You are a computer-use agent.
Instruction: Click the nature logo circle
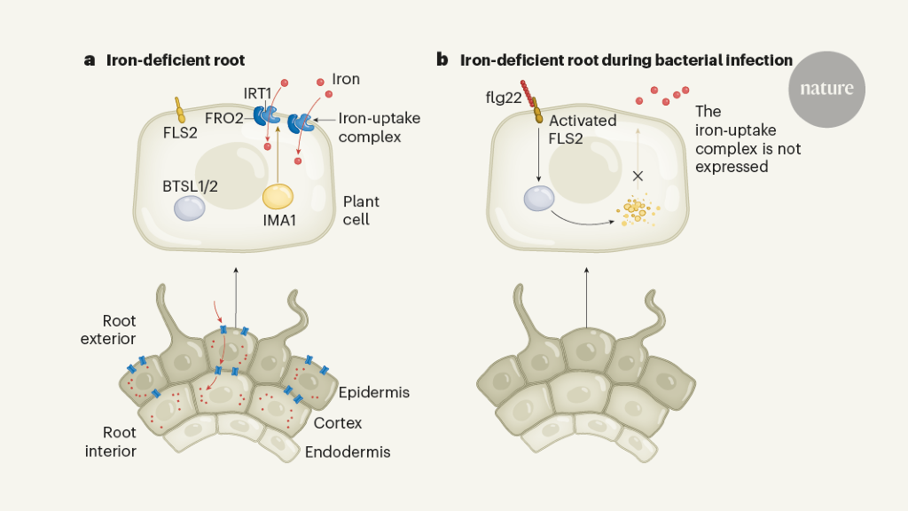tap(826, 89)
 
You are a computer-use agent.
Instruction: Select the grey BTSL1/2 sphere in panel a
tap(190, 208)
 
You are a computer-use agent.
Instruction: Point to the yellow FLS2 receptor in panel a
tap(179, 109)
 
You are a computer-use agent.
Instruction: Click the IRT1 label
tap(259, 92)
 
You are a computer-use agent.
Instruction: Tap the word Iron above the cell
tap(345, 79)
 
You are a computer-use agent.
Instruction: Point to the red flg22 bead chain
tap(530, 94)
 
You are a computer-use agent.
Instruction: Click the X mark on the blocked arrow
tap(636, 175)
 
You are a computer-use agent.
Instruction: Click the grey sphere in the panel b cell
tap(539, 199)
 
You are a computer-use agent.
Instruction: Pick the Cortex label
tap(339, 423)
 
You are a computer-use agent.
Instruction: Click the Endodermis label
tap(348, 452)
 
